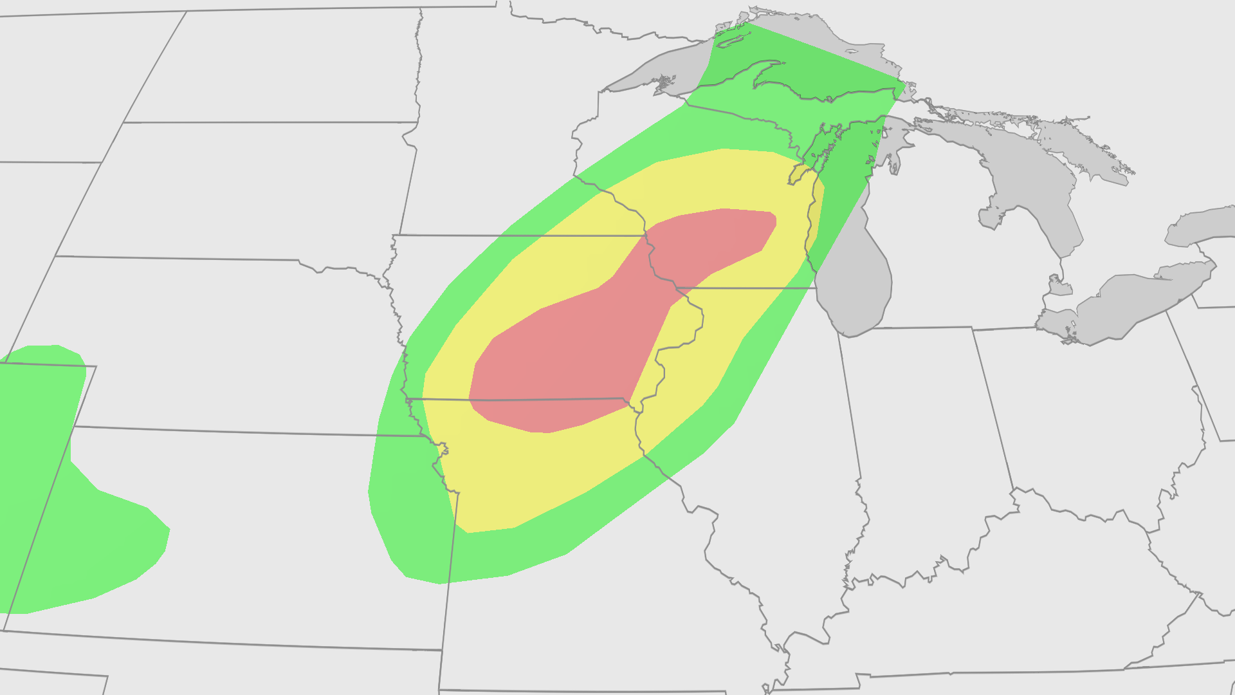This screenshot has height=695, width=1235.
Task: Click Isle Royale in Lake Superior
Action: click(x=734, y=39)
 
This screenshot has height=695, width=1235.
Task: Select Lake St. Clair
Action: click(x=1056, y=283)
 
